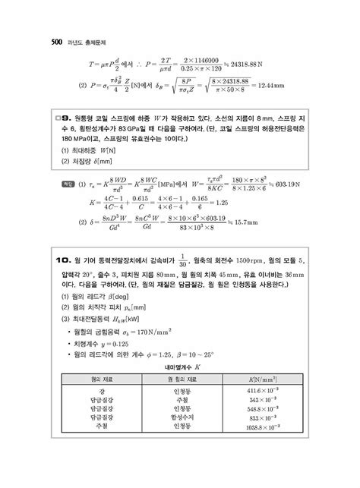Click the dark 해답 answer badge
[x=65, y=183]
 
